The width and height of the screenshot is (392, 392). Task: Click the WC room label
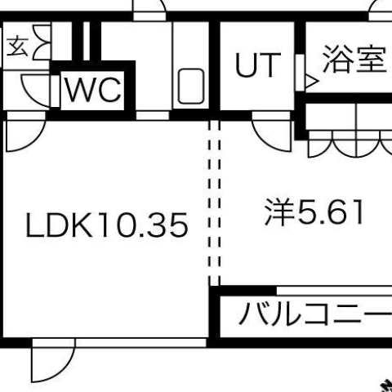coord(93,90)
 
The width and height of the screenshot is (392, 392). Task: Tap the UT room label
coord(258,65)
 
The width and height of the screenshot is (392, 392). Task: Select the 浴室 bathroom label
coord(354,60)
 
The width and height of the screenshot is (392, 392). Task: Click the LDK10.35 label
coord(106,225)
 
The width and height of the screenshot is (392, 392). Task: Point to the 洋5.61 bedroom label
coord(314,212)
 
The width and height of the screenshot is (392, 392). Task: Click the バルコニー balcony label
coord(316,313)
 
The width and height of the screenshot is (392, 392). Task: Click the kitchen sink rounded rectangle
coord(191,86)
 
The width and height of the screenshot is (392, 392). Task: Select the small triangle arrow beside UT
coord(312,81)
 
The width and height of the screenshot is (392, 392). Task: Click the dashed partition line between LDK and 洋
coord(214,203)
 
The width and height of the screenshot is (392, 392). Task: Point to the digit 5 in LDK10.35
coord(178,225)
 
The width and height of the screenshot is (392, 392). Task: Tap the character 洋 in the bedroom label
coord(280,212)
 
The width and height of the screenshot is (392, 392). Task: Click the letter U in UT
coord(246,65)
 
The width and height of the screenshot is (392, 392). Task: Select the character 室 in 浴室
coord(372,60)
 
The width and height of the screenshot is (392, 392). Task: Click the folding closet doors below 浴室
coord(350,145)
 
